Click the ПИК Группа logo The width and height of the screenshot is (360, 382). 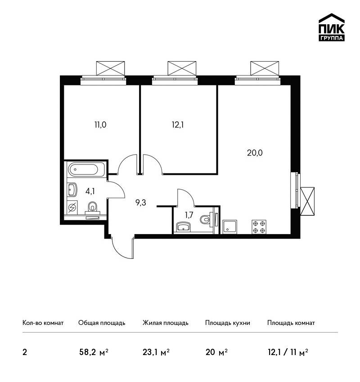[332, 27]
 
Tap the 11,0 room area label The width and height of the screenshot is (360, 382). [100, 125]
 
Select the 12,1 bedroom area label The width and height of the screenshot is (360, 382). [178, 125]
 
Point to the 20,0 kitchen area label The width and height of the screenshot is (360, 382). [255, 153]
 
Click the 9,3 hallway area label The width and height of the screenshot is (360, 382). [141, 202]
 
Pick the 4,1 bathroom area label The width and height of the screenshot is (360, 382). [90, 191]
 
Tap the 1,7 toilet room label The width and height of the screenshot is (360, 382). [189, 215]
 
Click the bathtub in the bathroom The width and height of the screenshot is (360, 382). [86, 169]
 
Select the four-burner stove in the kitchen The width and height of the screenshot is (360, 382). [259, 227]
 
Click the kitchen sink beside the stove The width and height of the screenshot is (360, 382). [230, 227]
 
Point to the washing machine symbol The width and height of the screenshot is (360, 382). [72, 208]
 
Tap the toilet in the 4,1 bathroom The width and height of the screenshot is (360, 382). [92, 208]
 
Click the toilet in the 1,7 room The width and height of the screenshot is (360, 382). [206, 219]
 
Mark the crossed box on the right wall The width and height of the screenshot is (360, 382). [307, 201]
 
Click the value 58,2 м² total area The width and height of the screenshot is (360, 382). [94, 352]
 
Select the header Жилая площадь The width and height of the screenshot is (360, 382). [165, 323]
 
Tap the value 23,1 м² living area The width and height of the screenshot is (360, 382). [156, 352]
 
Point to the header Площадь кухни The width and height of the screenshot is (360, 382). [228, 323]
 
